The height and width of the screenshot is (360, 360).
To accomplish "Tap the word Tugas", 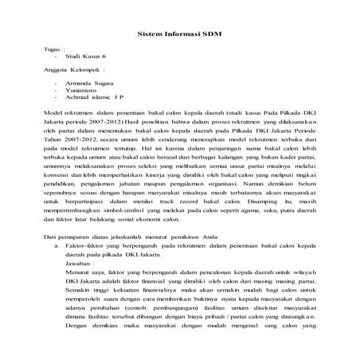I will [53, 49].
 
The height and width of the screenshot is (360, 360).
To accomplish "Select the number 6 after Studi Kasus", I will [104, 58].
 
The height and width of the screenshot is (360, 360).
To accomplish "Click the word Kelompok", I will [88, 72].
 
